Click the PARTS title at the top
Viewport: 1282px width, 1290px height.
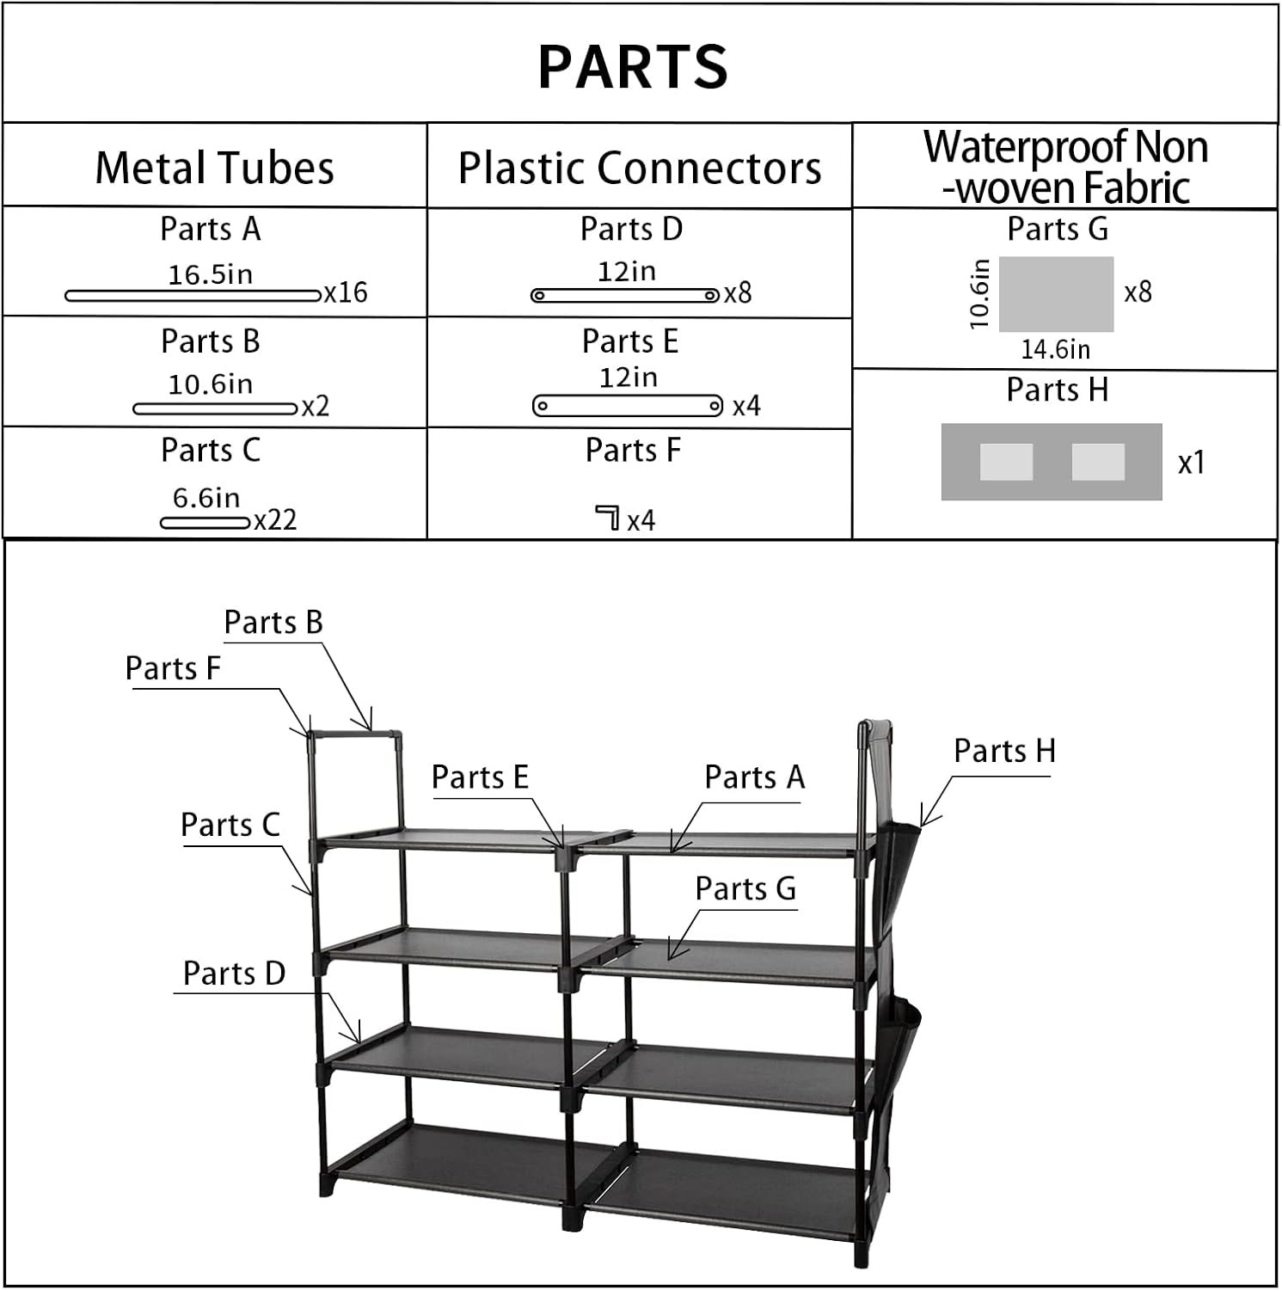[633, 66]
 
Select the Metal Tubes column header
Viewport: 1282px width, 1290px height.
[214, 167]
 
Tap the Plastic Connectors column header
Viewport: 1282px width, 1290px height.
[639, 167]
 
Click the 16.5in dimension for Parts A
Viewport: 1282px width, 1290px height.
[211, 274]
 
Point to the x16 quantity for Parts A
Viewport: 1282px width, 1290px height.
[346, 293]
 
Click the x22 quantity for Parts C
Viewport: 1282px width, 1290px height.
[275, 520]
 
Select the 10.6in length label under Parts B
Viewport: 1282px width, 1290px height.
[211, 384]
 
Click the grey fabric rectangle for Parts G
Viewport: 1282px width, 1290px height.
[1056, 293]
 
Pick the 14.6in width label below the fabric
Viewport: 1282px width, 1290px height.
[1056, 350]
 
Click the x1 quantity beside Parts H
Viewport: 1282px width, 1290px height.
[1192, 464]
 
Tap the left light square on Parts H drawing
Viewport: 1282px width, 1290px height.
[1006, 462]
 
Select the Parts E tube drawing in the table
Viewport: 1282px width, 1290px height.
[628, 405]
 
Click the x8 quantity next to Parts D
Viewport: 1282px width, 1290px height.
[738, 293]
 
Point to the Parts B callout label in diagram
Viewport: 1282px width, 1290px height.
[273, 622]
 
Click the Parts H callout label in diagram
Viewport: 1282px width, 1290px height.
[1004, 751]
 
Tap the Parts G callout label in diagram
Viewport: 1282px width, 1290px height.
[745, 888]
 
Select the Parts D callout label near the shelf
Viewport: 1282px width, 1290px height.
[234, 974]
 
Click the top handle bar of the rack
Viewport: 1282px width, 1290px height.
[355, 736]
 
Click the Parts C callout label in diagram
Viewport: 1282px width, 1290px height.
[230, 825]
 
